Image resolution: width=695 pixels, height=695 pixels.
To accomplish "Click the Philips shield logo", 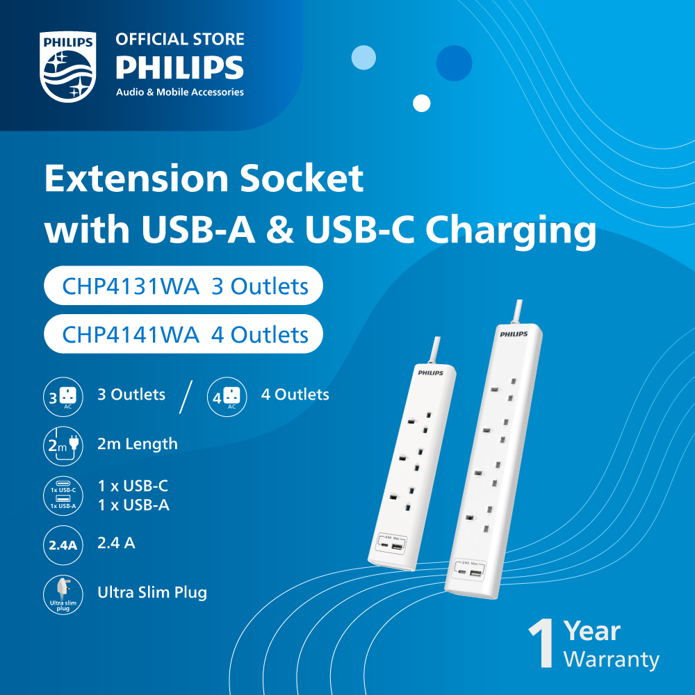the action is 68,67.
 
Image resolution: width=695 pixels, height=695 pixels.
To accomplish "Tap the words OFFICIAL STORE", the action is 180,39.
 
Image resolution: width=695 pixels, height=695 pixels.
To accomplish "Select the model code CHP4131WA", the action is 131,286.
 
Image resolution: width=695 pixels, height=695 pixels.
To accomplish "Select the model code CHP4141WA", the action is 131,335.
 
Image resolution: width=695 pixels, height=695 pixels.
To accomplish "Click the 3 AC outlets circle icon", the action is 63,397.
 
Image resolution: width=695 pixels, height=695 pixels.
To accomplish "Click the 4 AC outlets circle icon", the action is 227,397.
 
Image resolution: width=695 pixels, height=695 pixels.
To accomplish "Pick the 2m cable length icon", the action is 63,446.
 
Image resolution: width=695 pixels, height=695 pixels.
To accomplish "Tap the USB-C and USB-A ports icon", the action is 63,496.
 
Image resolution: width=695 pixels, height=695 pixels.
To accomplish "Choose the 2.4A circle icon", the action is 63,545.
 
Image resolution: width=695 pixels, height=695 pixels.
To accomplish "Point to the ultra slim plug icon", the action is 63,594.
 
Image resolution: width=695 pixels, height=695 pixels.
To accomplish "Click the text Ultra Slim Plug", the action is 152,593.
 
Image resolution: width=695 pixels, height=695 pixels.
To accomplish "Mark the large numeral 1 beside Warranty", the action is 541,644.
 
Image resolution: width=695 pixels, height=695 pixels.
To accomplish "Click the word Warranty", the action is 611,660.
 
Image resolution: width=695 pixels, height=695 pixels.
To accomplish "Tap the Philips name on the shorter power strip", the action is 430,373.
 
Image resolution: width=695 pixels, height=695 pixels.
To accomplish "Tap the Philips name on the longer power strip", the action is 514,334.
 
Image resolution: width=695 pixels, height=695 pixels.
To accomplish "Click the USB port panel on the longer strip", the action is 469,571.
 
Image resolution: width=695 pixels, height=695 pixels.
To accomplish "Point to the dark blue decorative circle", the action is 454,63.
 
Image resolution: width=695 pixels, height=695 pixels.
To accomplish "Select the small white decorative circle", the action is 422,104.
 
